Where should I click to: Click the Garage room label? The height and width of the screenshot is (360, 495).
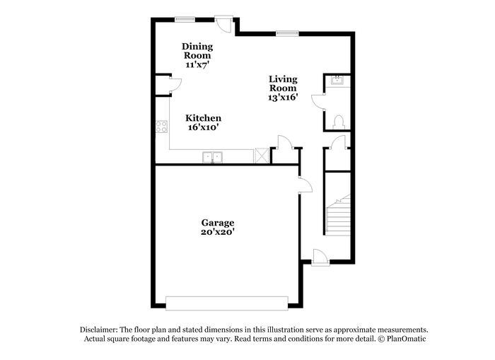click(x=218, y=223)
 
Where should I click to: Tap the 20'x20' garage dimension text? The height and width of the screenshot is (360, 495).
click(x=218, y=232)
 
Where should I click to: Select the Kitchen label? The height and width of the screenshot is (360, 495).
click(x=204, y=118)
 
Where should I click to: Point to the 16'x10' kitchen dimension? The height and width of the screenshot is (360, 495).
click(x=204, y=127)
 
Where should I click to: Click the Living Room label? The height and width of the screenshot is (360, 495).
click(x=283, y=83)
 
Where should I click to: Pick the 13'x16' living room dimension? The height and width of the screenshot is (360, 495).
click(x=283, y=97)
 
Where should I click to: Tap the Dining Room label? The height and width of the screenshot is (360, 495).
click(x=197, y=51)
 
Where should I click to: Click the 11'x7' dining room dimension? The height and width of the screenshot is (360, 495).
click(x=197, y=65)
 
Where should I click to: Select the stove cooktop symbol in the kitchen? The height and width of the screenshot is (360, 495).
click(x=162, y=127)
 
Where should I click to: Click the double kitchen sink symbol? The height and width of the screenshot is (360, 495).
click(x=212, y=157)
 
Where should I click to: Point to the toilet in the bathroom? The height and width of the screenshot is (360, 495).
click(x=339, y=122)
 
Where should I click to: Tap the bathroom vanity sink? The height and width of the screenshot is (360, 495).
click(x=338, y=80)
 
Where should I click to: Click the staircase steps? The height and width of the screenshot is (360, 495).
click(x=338, y=215)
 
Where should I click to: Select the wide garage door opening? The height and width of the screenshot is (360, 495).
click(x=227, y=303)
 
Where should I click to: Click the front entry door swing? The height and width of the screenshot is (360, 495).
click(x=320, y=257)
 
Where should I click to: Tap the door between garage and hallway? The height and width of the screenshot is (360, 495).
click(x=305, y=185)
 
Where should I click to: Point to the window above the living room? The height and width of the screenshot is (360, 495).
click(x=287, y=33)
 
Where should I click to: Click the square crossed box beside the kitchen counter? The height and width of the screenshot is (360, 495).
click(x=262, y=156)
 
